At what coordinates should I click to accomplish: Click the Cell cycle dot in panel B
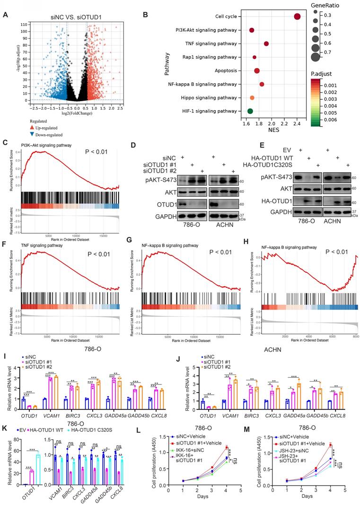[297, 17]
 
